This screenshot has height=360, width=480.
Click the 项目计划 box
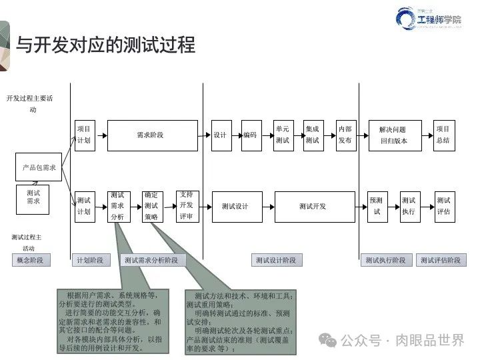tap(84, 135)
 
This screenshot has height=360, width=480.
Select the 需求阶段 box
tap(153, 135)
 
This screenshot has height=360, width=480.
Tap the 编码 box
tap(249, 135)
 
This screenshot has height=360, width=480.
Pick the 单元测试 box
tap(283, 135)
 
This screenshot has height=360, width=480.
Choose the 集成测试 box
tap(313, 135)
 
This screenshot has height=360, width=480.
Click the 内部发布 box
tap(345, 135)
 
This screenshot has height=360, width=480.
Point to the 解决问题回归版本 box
tap(393, 135)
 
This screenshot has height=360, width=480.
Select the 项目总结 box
tap(443, 135)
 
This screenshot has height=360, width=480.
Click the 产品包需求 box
tap(39, 167)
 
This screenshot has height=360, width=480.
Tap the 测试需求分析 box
tap(117, 206)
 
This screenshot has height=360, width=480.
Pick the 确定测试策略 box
tap(151, 206)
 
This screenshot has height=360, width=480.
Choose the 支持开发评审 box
tap(186, 206)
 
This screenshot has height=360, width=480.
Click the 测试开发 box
tap(313, 206)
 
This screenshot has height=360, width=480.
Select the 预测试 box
tap(377, 206)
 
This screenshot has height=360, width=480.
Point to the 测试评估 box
tap(443, 206)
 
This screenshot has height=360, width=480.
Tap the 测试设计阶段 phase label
tap(275, 260)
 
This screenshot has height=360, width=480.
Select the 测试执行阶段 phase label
tap(385, 260)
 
